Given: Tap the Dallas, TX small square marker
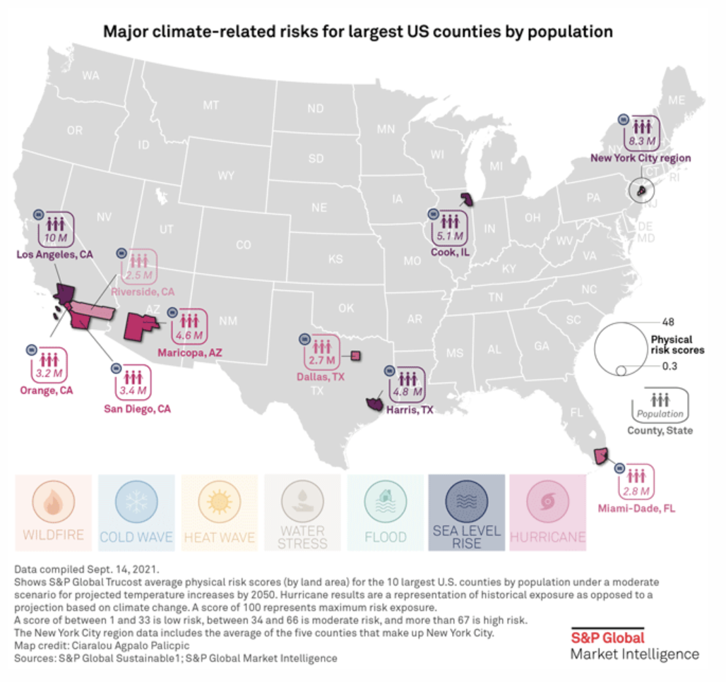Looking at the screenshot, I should pyautogui.click(x=357, y=356).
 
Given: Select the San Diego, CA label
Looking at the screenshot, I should pyautogui.click(x=137, y=408).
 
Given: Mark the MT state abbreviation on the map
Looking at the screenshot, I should pyautogui.click(x=210, y=105).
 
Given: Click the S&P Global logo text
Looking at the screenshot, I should pyautogui.click(x=607, y=638).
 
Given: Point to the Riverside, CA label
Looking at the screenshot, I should pyautogui.click(x=148, y=291).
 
